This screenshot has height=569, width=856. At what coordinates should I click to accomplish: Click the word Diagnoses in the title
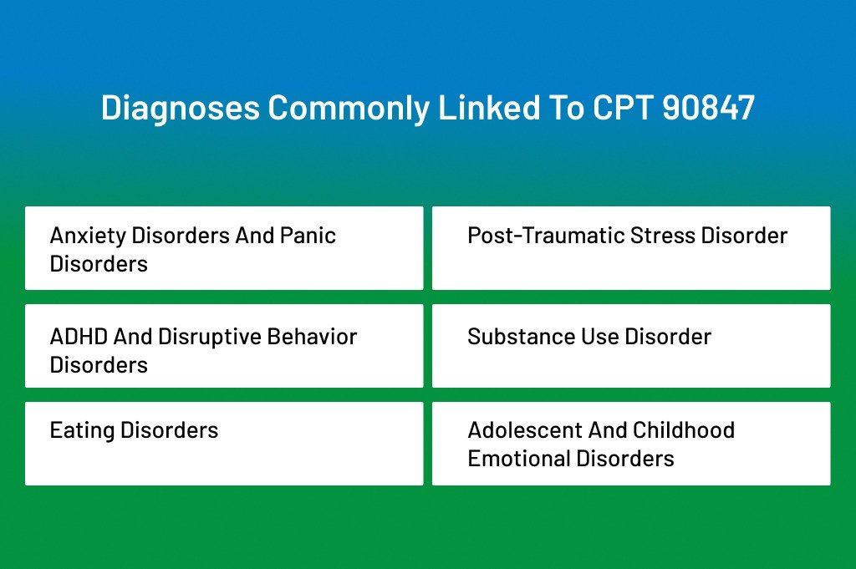click(181, 108)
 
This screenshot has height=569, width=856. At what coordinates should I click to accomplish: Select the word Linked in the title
click(489, 108)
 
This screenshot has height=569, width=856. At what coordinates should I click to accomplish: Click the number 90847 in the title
click(709, 108)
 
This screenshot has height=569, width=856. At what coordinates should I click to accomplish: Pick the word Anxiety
click(88, 236)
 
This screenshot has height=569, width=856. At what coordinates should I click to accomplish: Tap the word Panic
click(308, 236)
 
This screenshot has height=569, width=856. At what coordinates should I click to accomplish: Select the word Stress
click(663, 236)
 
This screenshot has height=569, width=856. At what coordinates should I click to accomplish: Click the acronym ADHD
click(79, 337)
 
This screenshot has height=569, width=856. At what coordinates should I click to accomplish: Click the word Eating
click(82, 431)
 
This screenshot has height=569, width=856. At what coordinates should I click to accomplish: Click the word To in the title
click(567, 108)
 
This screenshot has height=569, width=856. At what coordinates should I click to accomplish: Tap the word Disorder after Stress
click(744, 236)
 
